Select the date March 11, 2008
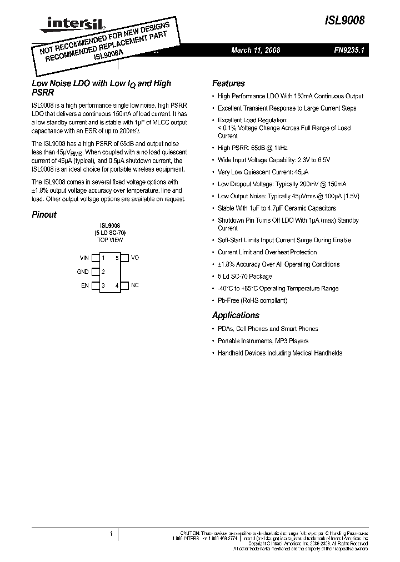(x=256, y=50)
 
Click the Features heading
(x=228, y=83)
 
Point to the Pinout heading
(x=44, y=214)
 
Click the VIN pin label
(x=84, y=258)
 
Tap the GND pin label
(x=83, y=272)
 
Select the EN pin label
(x=85, y=285)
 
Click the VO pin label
(x=134, y=258)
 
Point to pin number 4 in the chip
(x=117, y=285)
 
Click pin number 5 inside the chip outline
(x=117, y=258)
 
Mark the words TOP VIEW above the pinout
(x=110, y=240)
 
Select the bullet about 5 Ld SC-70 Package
(x=245, y=276)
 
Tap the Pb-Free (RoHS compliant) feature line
(x=252, y=300)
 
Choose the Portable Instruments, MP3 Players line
(x=263, y=341)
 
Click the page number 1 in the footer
(x=111, y=534)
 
